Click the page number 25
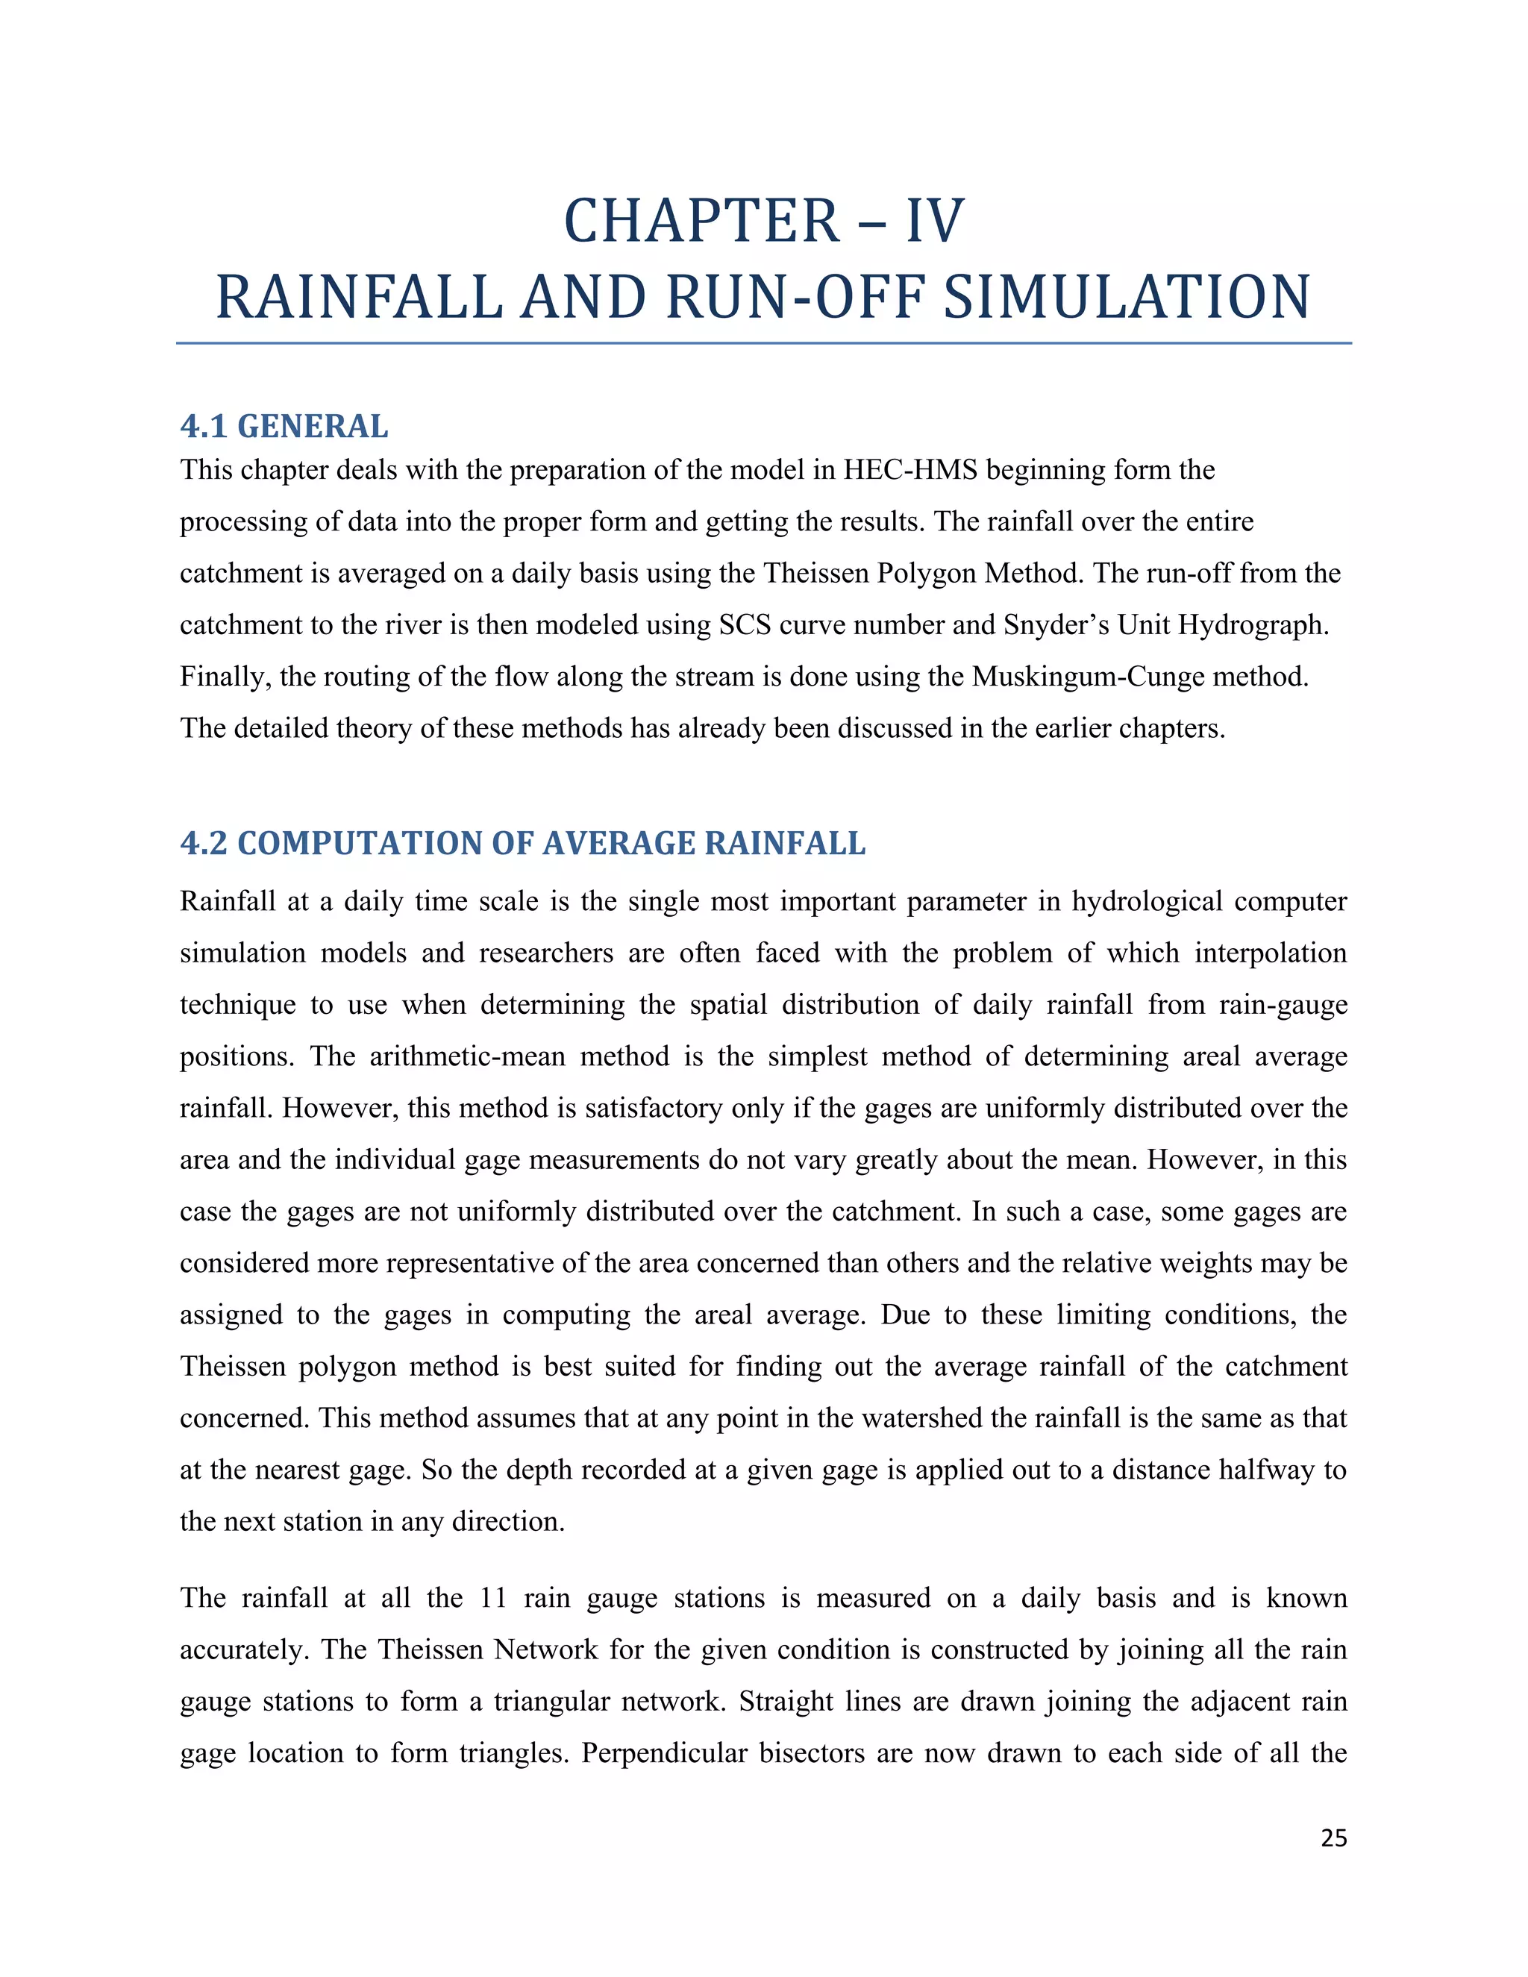1333,1837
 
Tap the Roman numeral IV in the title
935,222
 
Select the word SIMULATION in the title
1126,298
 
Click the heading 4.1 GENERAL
284,426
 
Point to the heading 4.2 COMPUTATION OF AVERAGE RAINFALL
522,843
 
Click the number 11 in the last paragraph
493,1598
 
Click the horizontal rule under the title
763,343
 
